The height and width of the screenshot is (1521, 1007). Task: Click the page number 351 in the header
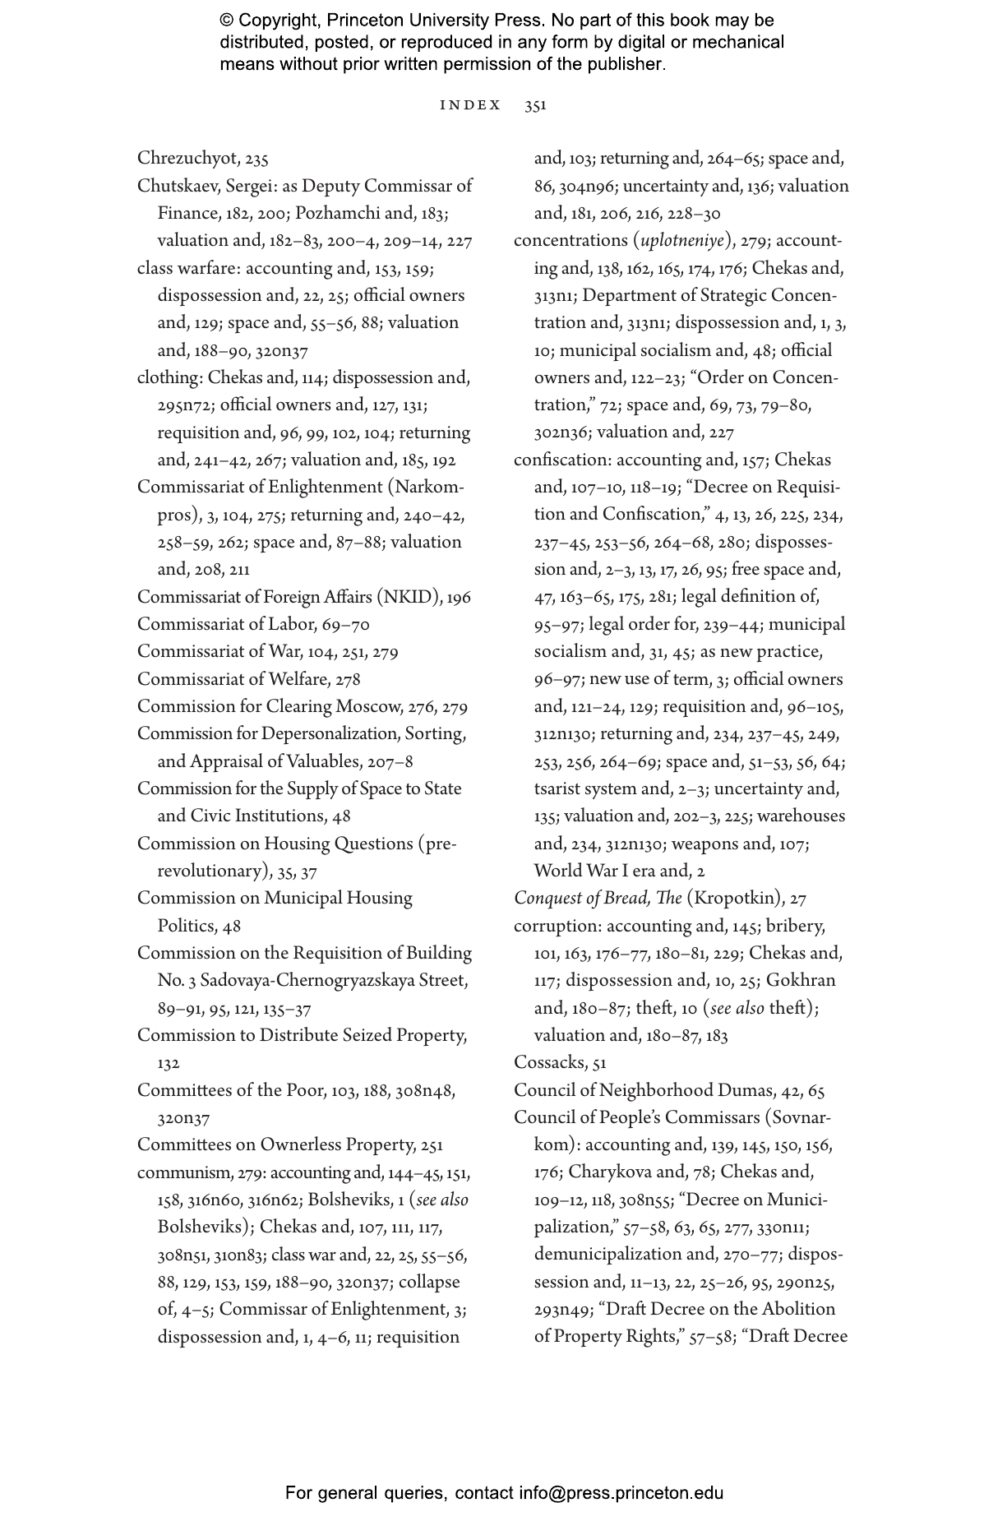coord(535,105)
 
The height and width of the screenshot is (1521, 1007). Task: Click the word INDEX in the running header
coord(470,105)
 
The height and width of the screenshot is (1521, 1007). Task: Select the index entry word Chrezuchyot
coord(188,159)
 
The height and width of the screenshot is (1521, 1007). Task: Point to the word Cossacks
coord(549,1063)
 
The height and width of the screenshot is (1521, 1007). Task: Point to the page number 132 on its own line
coord(169,1064)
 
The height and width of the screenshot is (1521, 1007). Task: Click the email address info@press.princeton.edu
coord(621,1493)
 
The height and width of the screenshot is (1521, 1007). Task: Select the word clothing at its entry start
coord(169,378)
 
